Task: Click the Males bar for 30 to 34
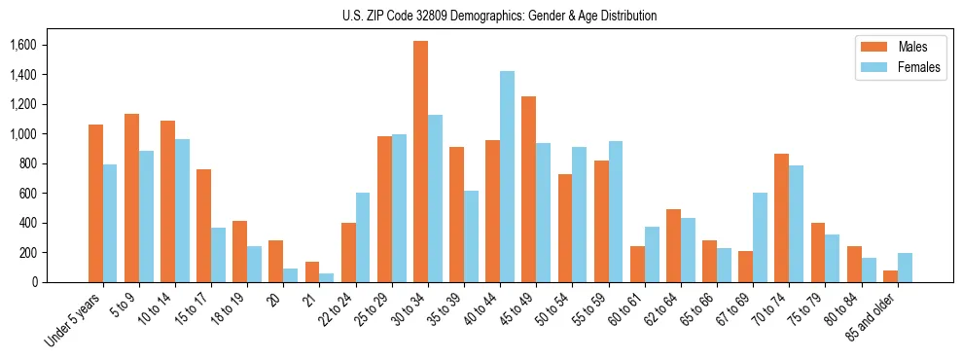coord(420,162)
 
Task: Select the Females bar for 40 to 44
coord(507,176)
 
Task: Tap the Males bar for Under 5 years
coord(95,203)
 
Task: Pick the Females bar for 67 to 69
coord(760,237)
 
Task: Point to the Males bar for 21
coord(312,271)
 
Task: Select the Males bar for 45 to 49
coord(528,189)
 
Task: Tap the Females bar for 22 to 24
coord(363,237)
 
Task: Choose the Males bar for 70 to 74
coord(781,218)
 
